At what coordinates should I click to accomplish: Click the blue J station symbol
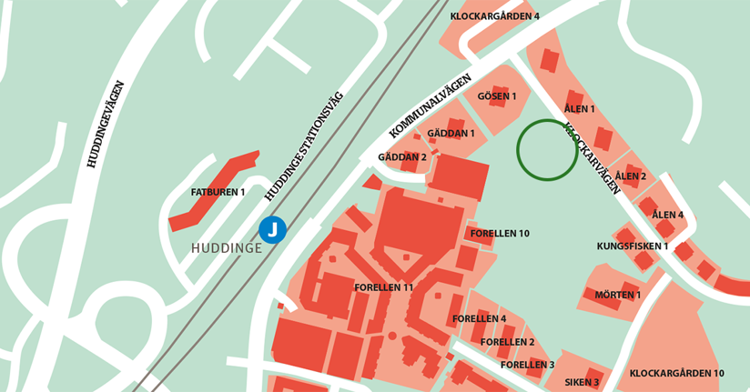coord(272,230)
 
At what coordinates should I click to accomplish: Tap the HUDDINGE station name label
coord(227,247)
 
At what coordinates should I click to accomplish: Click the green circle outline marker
coord(547,150)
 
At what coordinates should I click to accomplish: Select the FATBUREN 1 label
coord(218,192)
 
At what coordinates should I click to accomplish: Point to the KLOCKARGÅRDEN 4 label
coord(495,16)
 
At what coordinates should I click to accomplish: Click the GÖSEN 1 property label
coord(497,96)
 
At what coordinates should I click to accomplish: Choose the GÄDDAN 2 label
coord(402,157)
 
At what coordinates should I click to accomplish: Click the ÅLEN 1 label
coord(580,109)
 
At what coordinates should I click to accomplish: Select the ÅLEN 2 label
coord(631,176)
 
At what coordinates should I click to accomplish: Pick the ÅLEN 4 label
coord(668,216)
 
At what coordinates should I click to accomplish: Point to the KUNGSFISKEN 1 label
coord(633,246)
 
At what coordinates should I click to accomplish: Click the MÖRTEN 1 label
coord(618,295)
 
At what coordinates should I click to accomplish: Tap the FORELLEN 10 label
coord(500,234)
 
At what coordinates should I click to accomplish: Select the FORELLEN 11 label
coord(384,287)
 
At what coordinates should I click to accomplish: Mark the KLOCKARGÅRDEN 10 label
coord(676,373)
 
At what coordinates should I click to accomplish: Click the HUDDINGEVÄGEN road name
coord(105,125)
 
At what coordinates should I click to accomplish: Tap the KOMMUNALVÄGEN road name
coord(431,106)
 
